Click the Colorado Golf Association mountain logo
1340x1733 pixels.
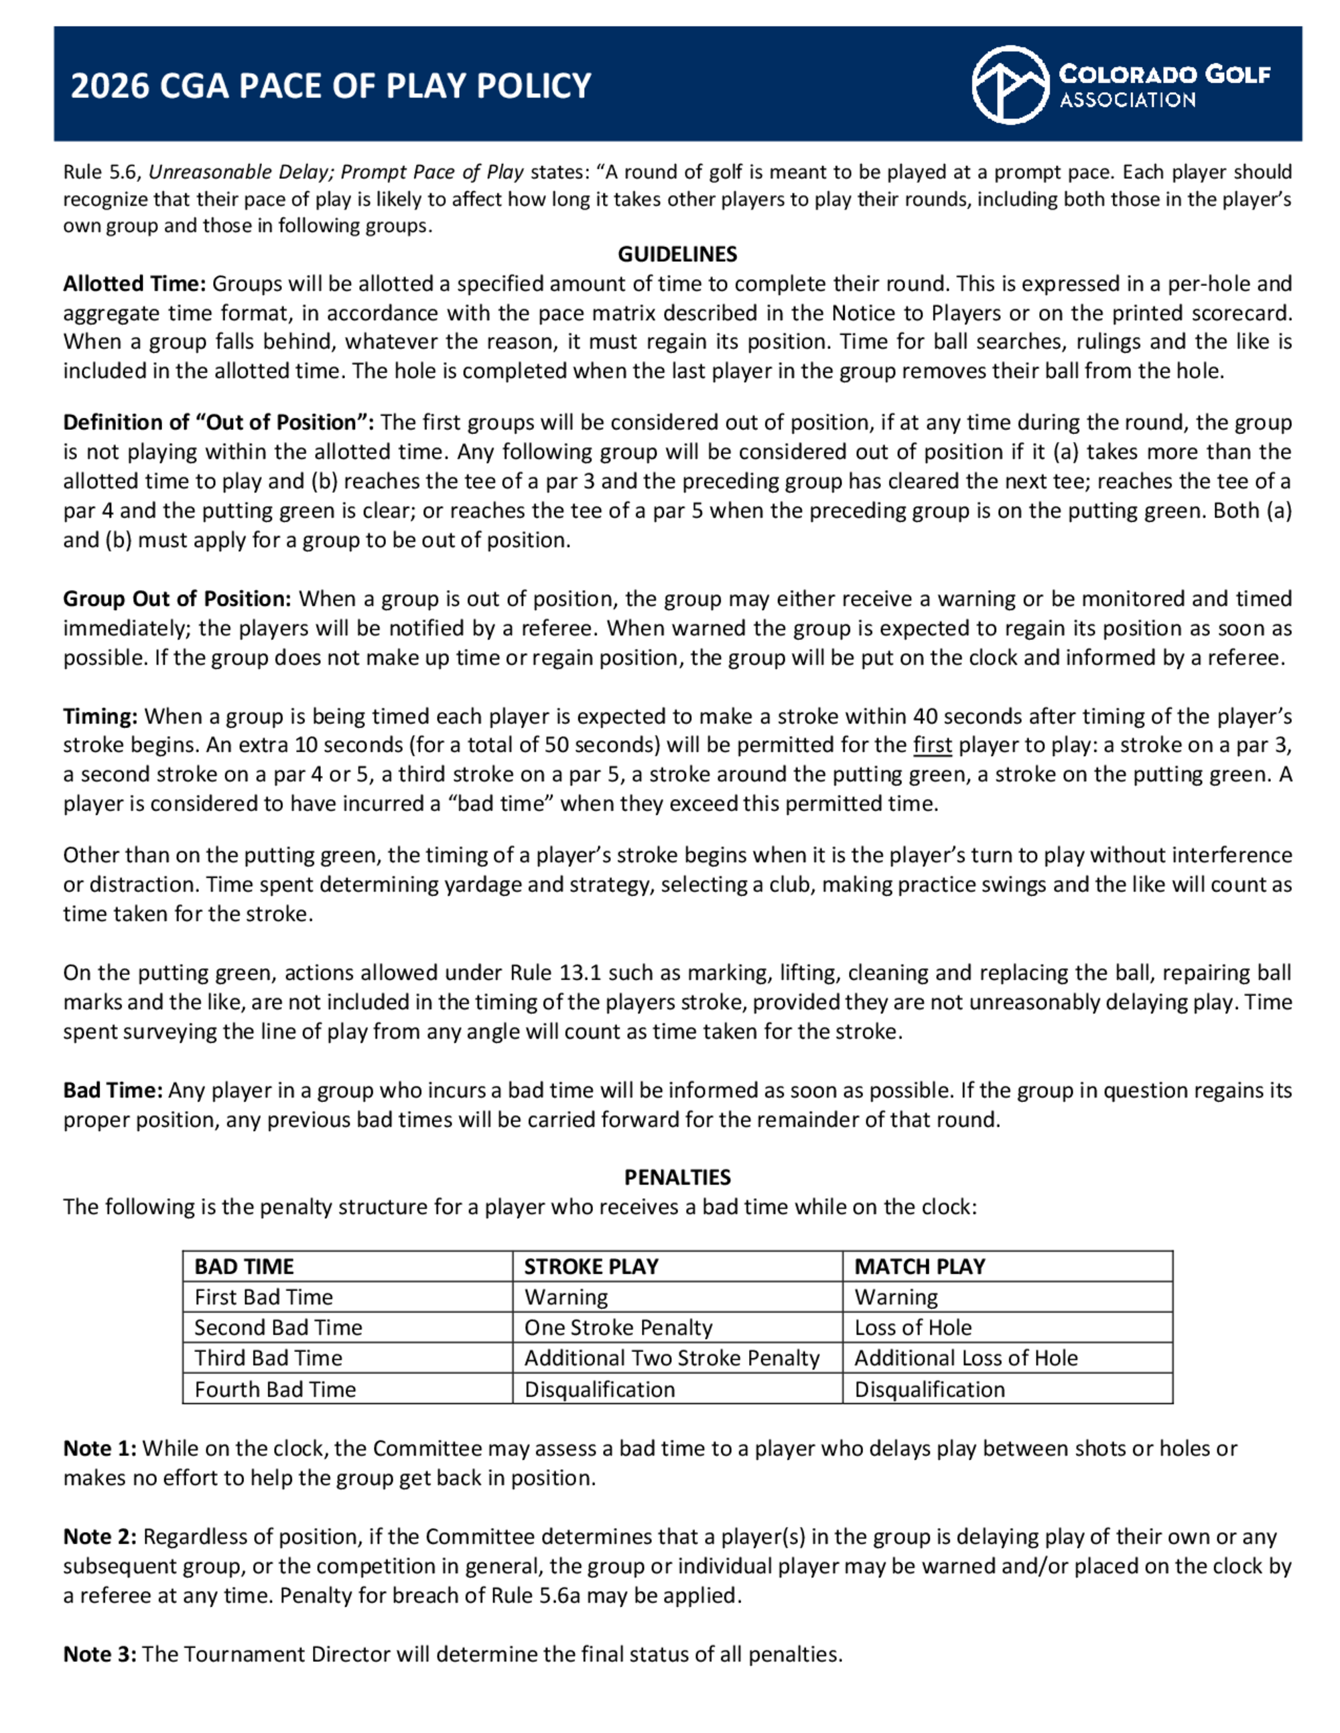click(1010, 85)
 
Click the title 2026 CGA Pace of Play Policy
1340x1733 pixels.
click(331, 86)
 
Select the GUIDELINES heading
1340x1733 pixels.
click(677, 254)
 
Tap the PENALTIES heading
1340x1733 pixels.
click(677, 1177)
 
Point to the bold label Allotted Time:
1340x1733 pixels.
click(134, 284)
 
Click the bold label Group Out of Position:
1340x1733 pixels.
click(177, 598)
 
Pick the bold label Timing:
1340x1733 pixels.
click(100, 717)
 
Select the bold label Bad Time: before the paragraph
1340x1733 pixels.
click(113, 1090)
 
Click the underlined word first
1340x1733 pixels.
click(932, 745)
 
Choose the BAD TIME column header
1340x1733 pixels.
click(244, 1266)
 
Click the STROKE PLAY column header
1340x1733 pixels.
click(592, 1266)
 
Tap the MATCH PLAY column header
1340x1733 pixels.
click(919, 1266)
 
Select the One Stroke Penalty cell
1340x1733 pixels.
click(618, 1327)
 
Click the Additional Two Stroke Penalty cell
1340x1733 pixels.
click(671, 1358)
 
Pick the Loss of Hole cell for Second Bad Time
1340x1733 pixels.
click(913, 1327)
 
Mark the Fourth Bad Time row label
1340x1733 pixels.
click(275, 1389)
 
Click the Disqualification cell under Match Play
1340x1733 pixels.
click(929, 1389)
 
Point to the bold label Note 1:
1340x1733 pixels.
click(99, 1448)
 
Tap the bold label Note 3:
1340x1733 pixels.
click(99, 1655)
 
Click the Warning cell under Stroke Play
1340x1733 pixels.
click(566, 1297)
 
